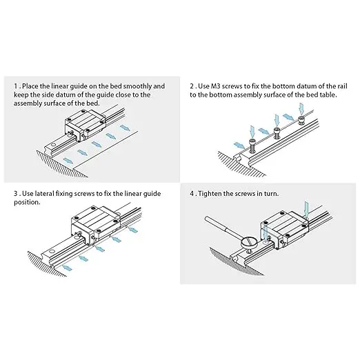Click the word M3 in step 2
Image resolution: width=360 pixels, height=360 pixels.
click(216, 86)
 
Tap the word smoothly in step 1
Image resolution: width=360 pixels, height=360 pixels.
click(137, 86)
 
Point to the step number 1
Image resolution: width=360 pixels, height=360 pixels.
click(16, 86)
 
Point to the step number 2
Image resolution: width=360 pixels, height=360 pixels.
click(192, 86)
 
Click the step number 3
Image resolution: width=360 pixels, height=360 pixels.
click(16, 194)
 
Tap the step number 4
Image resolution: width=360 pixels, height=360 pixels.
click(192, 194)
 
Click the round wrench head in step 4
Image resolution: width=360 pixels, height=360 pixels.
click(250, 243)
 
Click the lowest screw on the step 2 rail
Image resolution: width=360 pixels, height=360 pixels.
click(252, 145)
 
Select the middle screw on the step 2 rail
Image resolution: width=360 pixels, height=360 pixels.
click(277, 133)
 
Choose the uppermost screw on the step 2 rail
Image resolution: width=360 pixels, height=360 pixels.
click(301, 121)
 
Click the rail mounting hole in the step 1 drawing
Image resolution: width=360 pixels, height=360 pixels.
click(53, 145)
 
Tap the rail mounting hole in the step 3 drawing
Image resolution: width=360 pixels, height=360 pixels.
click(53, 251)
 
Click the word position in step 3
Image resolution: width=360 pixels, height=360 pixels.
click(26, 203)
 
